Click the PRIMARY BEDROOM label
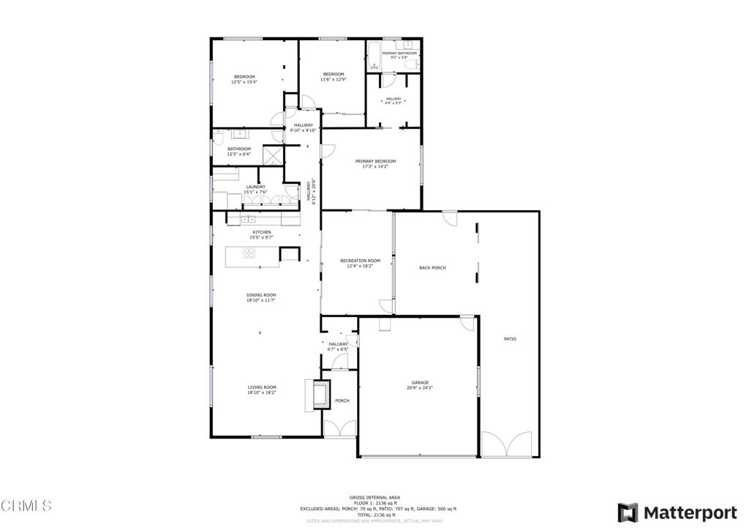point(375,161)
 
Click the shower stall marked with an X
point(273,155)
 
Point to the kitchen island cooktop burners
point(249,254)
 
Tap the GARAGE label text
point(419,383)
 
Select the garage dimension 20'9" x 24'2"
point(419,388)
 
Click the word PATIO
point(510,339)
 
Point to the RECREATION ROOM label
point(360,261)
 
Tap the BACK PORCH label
point(432,268)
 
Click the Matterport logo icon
point(627,512)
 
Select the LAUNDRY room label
point(255,187)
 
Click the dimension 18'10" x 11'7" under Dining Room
point(260,300)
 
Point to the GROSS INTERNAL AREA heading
point(374,498)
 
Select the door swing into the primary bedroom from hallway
point(328,150)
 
